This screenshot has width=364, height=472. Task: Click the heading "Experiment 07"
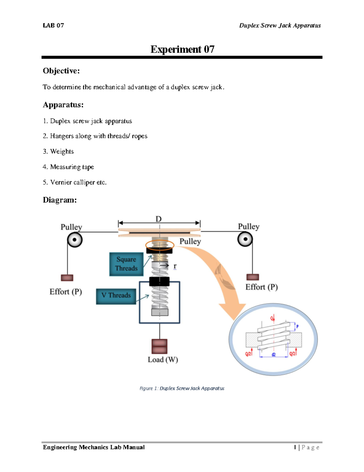pyautogui.click(x=182, y=49)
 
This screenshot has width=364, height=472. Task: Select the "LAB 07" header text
pyautogui.click(x=53, y=26)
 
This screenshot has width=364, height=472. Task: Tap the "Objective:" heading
pyautogui.click(x=61, y=71)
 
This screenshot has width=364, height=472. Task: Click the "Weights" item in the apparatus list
pyautogui.click(x=62, y=151)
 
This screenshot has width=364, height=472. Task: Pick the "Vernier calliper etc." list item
pyautogui.click(x=78, y=182)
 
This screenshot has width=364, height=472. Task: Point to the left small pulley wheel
pyautogui.click(x=75, y=240)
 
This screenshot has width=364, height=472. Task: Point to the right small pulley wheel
pyautogui.click(x=245, y=239)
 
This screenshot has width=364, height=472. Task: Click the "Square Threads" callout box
pyautogui.click(x=126, y=264)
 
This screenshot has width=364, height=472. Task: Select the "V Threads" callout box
pyautogui.click(x=116, y=295)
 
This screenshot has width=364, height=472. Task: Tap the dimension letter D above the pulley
pyautogui.click(x=159, y=219)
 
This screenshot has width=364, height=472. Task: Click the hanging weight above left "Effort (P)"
pyautogui.click(x=67, y=277)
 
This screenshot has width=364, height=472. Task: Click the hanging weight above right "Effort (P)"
pyautogui.click(x=252, y=277)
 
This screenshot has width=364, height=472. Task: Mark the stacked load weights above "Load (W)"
pyautogui.click(x=159, y=346)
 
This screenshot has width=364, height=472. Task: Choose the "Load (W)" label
pyautogui.click(x=163, y=360)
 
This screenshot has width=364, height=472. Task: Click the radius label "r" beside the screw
pyautogui.click(x=175, y=266)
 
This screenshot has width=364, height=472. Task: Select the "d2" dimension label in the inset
pyautogui.click(x=274, y=354)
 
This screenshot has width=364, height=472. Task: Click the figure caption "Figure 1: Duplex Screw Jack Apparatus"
pyautogui.click(x=182, y=388)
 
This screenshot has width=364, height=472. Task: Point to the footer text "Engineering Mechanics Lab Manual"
pyautogui.click(x=94, y=447)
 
